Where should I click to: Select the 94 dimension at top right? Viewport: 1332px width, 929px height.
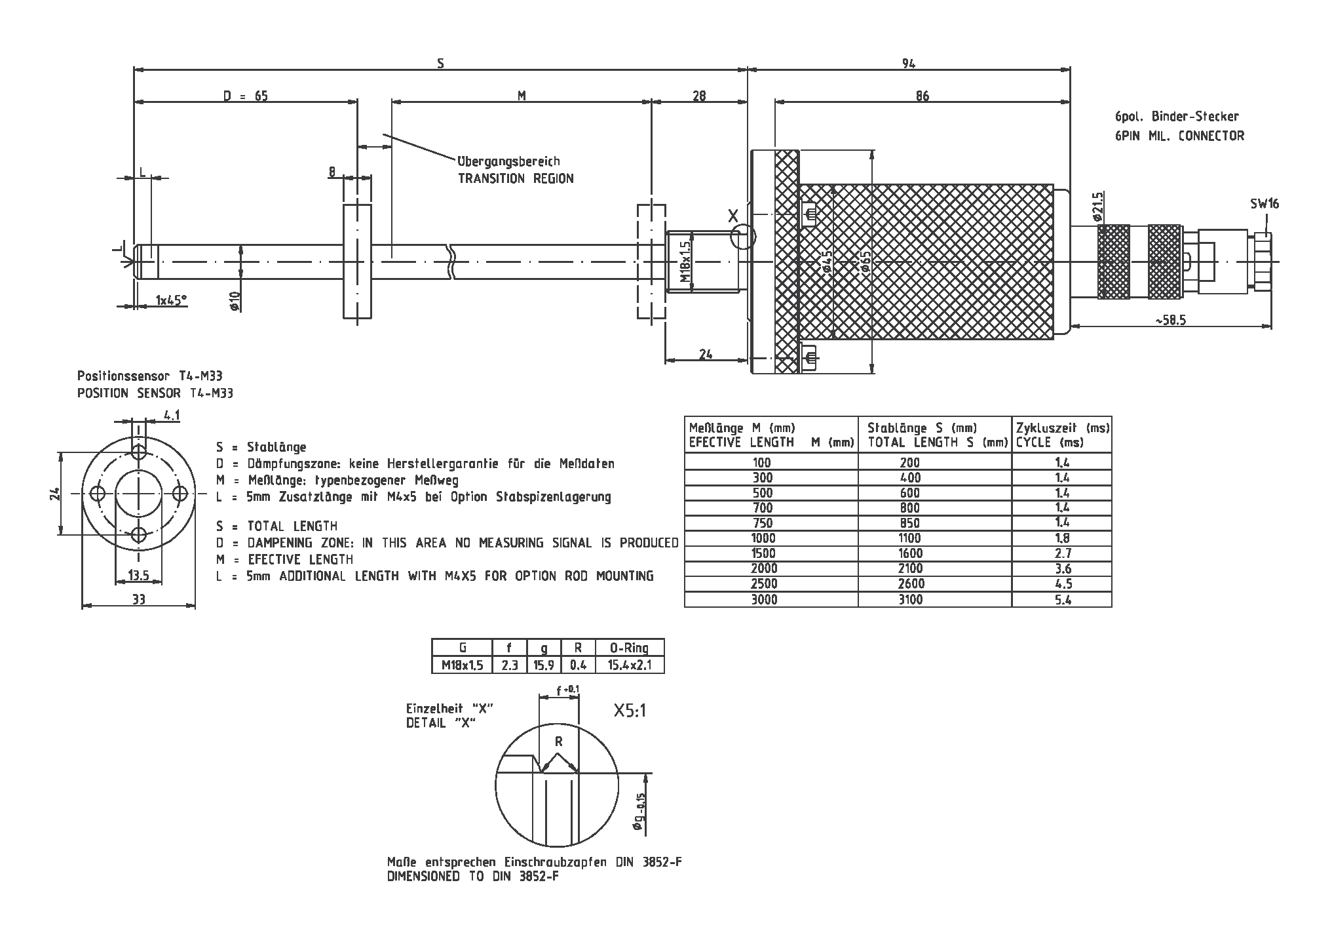click(908, 63)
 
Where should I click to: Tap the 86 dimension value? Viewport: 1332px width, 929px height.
click(922, 96)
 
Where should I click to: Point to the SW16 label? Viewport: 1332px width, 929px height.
click(1264, 204)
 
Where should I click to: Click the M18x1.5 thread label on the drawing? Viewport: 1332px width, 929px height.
click(685, 262)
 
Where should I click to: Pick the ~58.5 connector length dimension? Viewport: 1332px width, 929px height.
click(1170, 320)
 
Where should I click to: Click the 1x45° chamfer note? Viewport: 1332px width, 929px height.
click(170, 300)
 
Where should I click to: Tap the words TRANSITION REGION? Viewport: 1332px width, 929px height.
click(515, 178)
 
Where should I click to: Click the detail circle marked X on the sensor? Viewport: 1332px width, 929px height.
click(742, 237)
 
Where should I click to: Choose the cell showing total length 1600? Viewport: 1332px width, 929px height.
click(910, 553)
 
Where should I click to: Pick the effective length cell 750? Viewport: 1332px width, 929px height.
click(763, 523)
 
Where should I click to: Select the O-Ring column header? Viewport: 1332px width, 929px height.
click(628, 648)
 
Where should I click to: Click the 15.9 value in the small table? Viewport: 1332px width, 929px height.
click(544, 665)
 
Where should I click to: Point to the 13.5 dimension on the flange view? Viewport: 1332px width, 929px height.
click(138, 576)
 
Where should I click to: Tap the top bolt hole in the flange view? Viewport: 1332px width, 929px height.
click(139, 452)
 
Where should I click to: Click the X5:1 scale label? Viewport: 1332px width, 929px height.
click(630, 711)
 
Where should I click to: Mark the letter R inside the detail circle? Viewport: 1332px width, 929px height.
click(558, 741)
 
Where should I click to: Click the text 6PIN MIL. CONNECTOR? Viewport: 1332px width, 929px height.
click(1179, 136)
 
